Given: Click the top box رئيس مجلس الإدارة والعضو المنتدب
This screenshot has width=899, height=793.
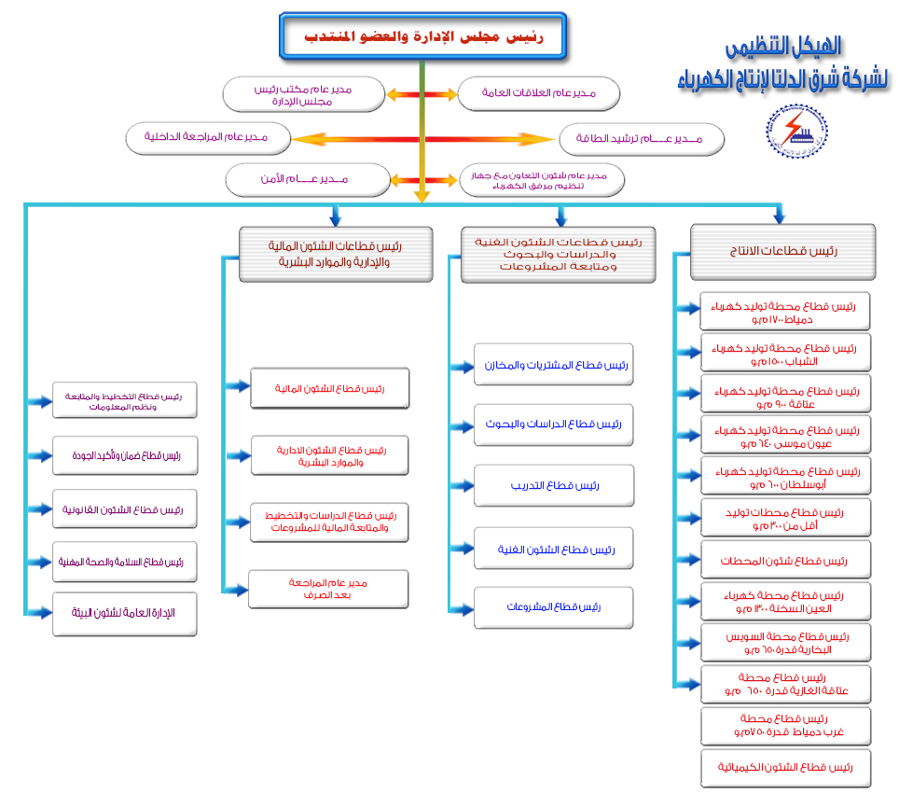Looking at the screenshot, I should pyautogui.click(x=423, y=36).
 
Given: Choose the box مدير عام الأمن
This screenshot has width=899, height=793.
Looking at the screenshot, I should pyautogui.click(x=308, y=179).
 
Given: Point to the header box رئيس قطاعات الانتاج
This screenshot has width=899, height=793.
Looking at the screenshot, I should pyautogui.click(x=782, y=251).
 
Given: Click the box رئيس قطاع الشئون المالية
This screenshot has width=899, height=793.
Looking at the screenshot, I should pyautogui.click(x=329, y=388).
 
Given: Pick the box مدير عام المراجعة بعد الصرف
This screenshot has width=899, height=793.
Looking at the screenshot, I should pyautogui.click(x=329, y=589).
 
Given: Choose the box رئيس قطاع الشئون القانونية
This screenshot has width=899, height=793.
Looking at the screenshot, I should pyautogui.click(x=125, y=509).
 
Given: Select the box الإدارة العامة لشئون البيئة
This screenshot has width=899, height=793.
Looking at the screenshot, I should pyautogui.click(x=125, y=613).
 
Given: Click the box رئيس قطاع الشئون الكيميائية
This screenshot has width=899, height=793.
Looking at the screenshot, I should pyautogui.click(x=785, y=768).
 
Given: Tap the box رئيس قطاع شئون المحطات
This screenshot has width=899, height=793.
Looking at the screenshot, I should pyautogui.click(x=785, y=561).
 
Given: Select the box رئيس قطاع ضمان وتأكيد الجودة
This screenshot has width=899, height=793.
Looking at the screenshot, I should pyautogui.click(x=125, y=456).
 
